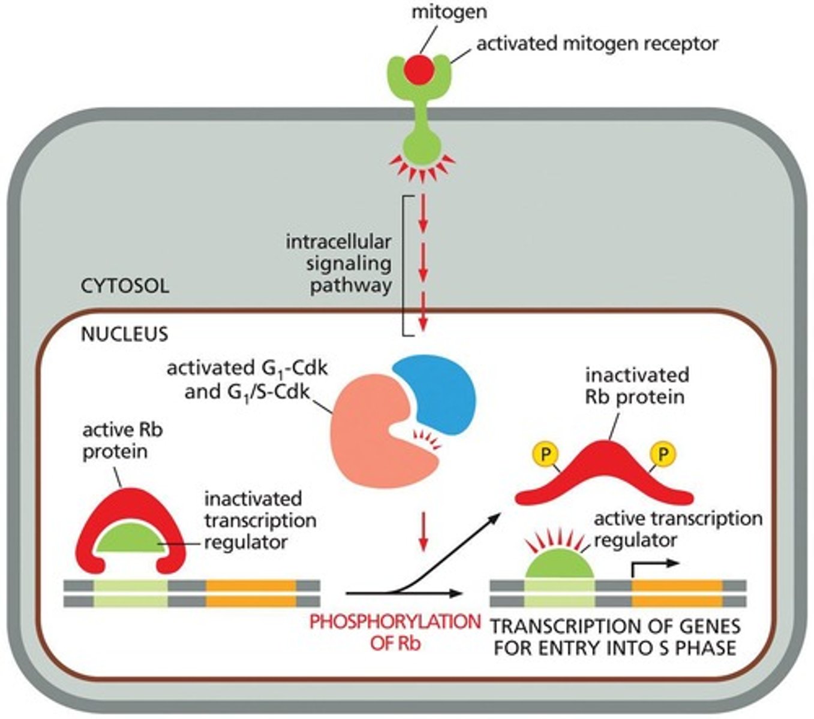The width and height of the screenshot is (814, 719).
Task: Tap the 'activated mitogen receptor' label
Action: (597, 44)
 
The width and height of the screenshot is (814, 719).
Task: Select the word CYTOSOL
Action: (125, 286)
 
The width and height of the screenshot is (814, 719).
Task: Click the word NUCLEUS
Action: (125, 334)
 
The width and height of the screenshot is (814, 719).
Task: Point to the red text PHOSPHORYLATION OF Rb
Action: (395, 632)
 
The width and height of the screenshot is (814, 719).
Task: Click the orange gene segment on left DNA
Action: (251, 593)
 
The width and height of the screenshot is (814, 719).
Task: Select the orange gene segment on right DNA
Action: (677, 593)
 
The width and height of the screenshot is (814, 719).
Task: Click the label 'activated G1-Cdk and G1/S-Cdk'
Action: (247, 380)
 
